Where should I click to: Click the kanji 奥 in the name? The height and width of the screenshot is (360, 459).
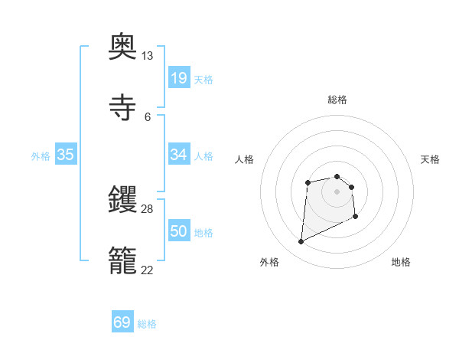(122, 47)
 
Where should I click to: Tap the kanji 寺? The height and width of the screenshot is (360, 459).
(122, 109)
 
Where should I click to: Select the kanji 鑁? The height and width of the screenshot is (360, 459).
(122, 201)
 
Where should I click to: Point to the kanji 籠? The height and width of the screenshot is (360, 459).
(122, 261)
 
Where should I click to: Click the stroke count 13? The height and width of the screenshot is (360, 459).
(147, 56)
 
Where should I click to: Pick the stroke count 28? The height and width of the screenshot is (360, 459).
(147, 209)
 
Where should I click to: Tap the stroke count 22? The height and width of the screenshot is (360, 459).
(147, 270)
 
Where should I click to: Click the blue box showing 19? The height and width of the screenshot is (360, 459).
(178, 78)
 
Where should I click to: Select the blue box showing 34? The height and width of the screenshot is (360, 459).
(178, 155)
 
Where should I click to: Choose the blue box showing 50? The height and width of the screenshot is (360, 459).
(178, 231)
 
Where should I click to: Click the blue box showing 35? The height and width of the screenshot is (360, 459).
(65, 155)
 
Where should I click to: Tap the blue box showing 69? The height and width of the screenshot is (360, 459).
(122, 322)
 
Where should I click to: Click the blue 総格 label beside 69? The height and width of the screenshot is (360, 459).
(147, 324)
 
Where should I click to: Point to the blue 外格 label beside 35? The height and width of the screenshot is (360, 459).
(41, 156)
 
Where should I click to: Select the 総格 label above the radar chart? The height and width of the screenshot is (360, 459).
(337, 100)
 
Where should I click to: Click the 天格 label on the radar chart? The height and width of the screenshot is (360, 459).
(430, 159)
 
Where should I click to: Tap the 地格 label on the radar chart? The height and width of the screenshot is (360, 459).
(401, 262)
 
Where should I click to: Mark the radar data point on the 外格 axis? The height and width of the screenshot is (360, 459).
(301, 242)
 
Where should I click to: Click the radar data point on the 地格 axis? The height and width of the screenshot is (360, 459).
(356, 218)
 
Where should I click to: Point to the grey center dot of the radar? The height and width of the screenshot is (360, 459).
(337, 191)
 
